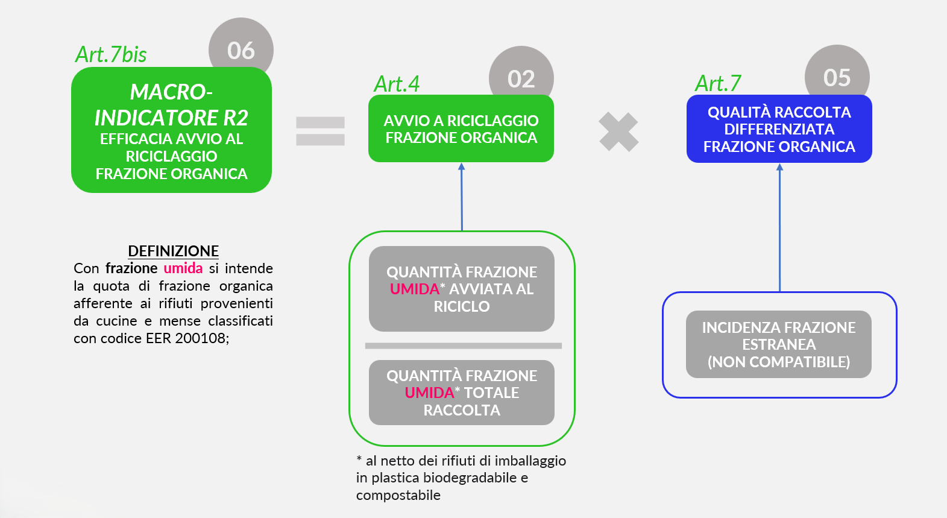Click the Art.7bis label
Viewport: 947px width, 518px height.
coord(111,54)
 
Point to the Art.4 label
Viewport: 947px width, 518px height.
coord(397,84)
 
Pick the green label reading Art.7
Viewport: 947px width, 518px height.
coord(718,83)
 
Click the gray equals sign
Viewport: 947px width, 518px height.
coord(320,131)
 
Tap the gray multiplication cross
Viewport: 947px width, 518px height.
coord(618,132)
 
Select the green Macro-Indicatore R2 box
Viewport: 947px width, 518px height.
coord(171,131)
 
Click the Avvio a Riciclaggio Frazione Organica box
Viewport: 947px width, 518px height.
coord(461,129)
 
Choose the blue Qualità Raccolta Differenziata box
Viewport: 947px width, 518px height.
coord(779,129)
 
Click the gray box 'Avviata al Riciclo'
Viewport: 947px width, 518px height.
coord(462,289)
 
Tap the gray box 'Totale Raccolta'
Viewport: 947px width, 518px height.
coord(462,393)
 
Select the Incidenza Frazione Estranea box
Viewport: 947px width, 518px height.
coord(779,344)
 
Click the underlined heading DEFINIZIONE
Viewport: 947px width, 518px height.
coord(173,251)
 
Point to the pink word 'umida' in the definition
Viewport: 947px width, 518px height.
coord(183,268)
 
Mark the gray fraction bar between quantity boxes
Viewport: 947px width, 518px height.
coord(463,346)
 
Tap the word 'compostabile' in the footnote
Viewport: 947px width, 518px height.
coord(398,495)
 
